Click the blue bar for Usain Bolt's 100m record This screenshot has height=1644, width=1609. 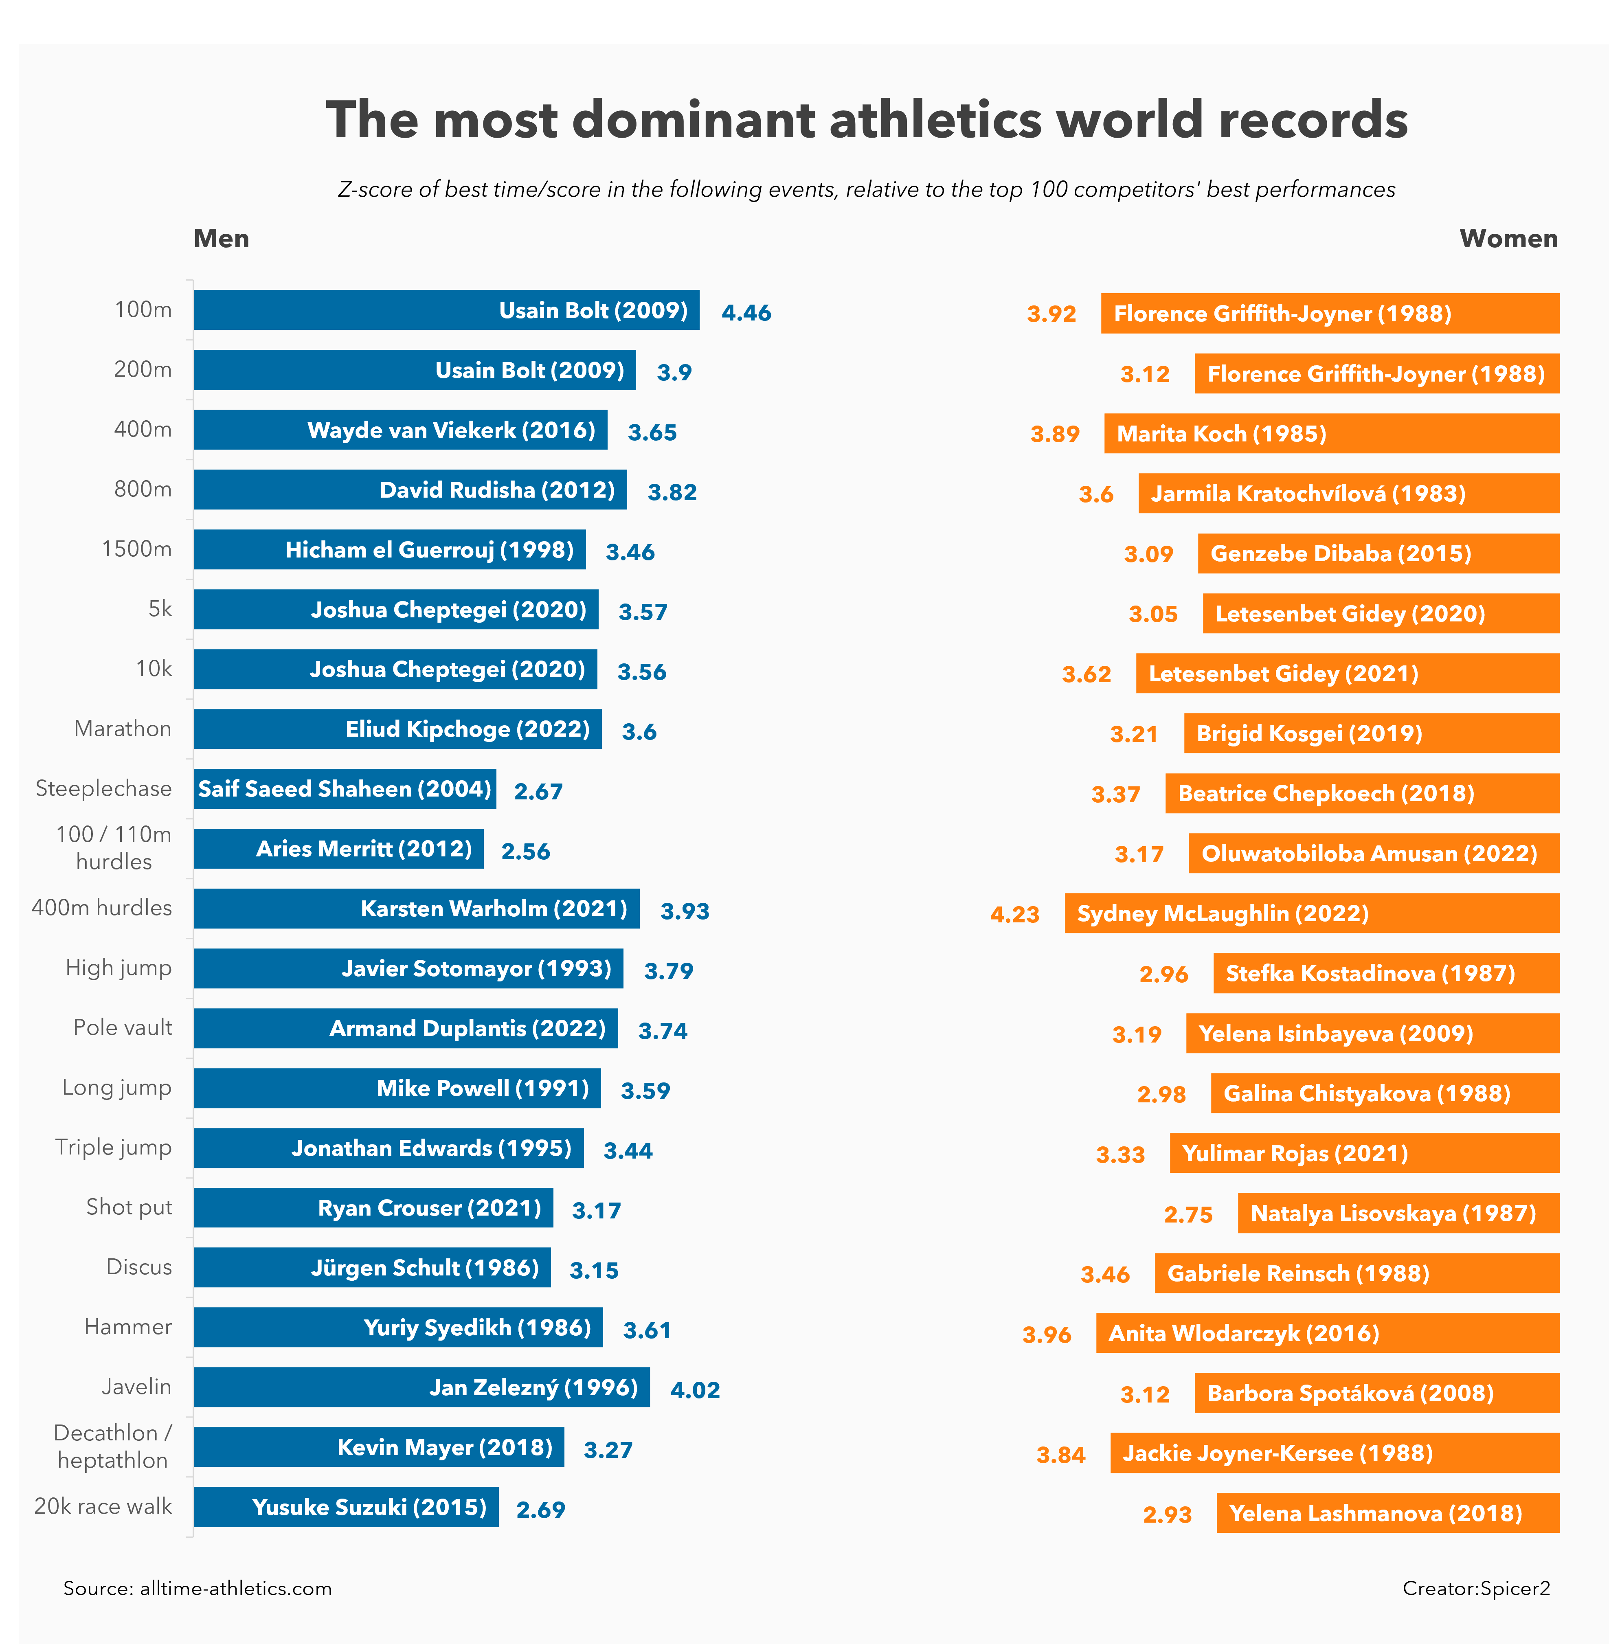tap(446, 310)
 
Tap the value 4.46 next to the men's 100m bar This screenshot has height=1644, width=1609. tap(746, 313)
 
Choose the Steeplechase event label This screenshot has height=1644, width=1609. tap(103, 789)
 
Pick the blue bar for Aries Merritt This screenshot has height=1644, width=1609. tap(338, 849)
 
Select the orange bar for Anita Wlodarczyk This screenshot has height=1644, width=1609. tap(1327, 1333)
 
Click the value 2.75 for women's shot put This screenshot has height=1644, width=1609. tap(1188, 1215)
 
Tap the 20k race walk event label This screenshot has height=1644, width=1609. tap(103, 1506)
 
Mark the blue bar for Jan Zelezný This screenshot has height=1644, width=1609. tap(421, 1387)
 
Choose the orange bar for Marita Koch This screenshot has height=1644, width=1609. tap(1331, 434)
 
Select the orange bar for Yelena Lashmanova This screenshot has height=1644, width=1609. tap(1387, 1513)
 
